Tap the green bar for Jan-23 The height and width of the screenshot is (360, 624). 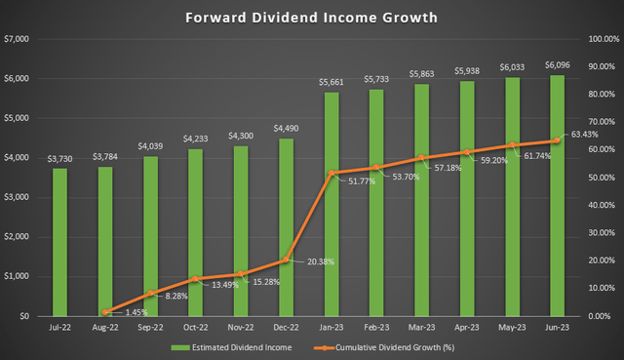[x=331, y=204]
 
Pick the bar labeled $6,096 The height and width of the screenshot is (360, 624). [x=558, y=195]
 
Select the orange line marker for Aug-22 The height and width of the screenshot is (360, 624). [x=105, y=311]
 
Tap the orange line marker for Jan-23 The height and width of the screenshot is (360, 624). [x=331, y=173]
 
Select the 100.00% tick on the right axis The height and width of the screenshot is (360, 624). [x=593, y=39]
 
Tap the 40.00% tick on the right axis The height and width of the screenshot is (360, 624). [x=593, y=205]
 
